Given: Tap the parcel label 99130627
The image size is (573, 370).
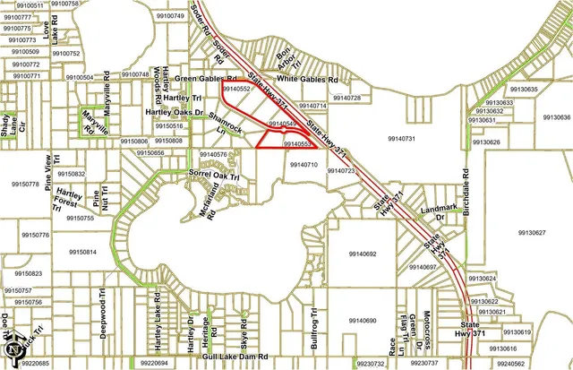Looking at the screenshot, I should click(532, 232).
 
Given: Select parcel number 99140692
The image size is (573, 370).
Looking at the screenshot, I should click(358, 255).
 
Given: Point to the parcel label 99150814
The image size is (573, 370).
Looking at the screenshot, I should click(82, 253).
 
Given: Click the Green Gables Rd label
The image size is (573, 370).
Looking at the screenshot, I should click(201, 79).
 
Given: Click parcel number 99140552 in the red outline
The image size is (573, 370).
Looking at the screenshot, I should click(236, 90).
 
